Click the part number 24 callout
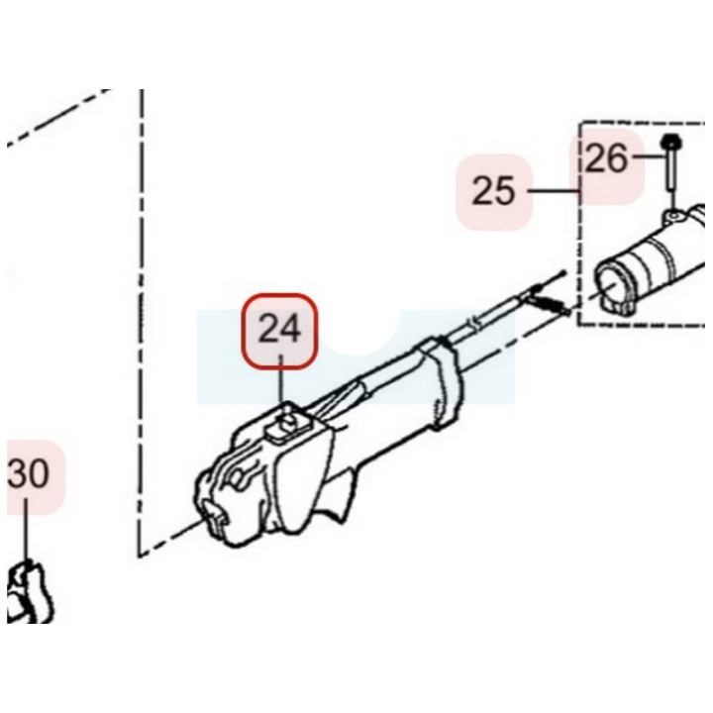[279, 330]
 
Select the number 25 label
[494, 191]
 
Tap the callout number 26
[607, 158]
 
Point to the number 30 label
[28, 473]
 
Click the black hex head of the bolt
[670, 142]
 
